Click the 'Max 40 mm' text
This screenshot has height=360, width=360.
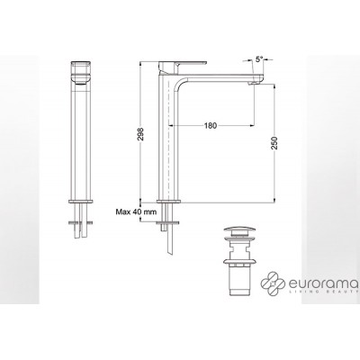pyautogui.click(x=135, y=212)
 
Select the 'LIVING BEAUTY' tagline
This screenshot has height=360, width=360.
pyautogui.click(x=325, y=296)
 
